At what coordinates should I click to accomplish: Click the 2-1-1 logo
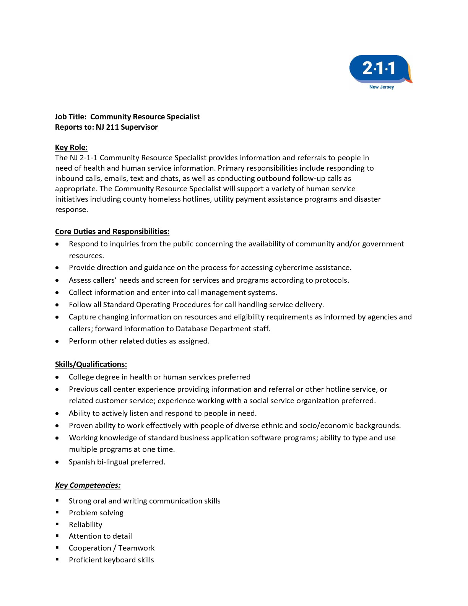[x=380, y=69]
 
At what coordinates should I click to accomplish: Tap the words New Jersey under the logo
[x=381, y=87]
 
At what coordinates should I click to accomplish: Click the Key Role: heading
[x=71, y=148]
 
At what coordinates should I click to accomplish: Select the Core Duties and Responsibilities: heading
[x=112, y=232]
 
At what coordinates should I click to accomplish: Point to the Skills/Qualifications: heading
[x=91, y=365]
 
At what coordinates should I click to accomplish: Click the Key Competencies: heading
[x=88, y=485]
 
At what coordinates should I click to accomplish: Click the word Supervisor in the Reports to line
[x=139, y=127]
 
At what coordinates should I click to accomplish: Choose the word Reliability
[x=85, y=525]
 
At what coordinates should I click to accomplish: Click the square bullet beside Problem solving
[x=57, y=512]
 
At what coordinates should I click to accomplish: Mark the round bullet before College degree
[x=57, y=377]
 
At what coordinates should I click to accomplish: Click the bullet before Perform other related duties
[x=57, y=341]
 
